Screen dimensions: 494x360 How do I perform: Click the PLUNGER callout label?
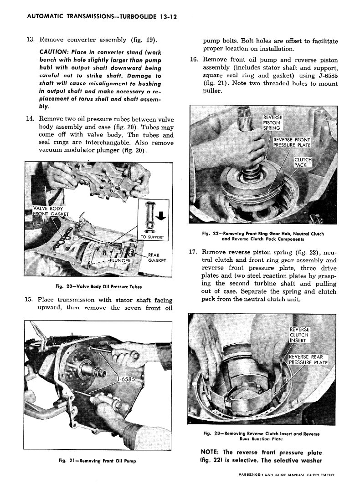click(120, 261)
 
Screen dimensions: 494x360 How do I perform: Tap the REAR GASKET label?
click(157, 258)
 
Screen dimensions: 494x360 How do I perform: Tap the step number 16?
click(193, 59)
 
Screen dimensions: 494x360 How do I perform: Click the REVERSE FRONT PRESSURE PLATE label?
click(292, 143)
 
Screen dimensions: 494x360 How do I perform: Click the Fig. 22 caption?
click(263, 236)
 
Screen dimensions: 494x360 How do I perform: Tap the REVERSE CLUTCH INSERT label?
click(299, 335)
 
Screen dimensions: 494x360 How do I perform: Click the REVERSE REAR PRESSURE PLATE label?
click(308, 360)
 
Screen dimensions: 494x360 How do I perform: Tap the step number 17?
click(193, 251)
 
